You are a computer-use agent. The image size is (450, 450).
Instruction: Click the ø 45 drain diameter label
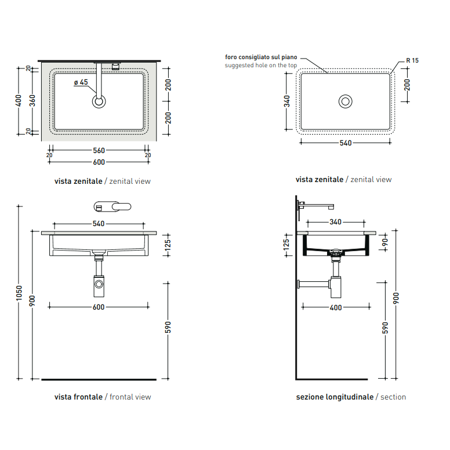pos(81,82)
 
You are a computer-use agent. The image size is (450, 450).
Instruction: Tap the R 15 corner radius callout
pos(412,60)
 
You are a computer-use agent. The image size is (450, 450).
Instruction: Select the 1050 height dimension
pos(19,293)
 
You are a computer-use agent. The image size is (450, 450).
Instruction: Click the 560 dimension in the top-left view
pos(99,150)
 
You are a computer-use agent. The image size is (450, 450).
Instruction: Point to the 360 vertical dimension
pos(32,100)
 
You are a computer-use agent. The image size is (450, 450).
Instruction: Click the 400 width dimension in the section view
pos(336,308)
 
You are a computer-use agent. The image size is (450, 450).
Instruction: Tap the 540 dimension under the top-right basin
pos(346,143)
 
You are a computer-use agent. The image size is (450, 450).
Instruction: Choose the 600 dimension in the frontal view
pos(99,307)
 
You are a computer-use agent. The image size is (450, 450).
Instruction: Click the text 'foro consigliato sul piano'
pos(261,57)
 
